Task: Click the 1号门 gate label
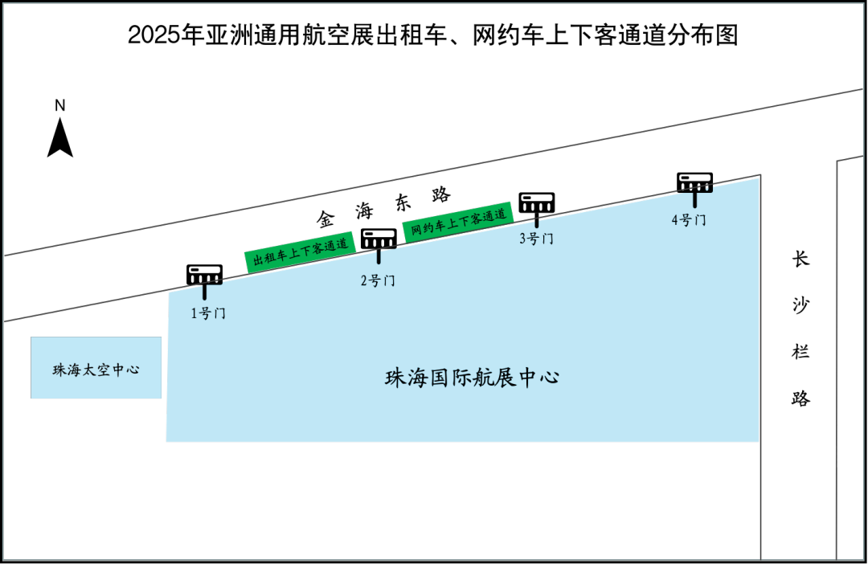coord(208,313)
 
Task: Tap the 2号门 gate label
coord(377,281)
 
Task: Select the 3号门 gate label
coord(536,239)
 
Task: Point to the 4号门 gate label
coord(689,220)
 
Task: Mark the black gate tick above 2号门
coord(379,257)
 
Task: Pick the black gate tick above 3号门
coord(537,224)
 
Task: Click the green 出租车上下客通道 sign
coord(300,251)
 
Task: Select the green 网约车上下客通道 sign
coord(458,221)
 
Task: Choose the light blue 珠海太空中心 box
coord(96,368)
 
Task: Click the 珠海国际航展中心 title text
coord(473,378)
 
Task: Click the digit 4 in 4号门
coord(676,220)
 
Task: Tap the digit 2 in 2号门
coord(364,281)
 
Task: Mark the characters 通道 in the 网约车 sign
coord(497,214)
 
